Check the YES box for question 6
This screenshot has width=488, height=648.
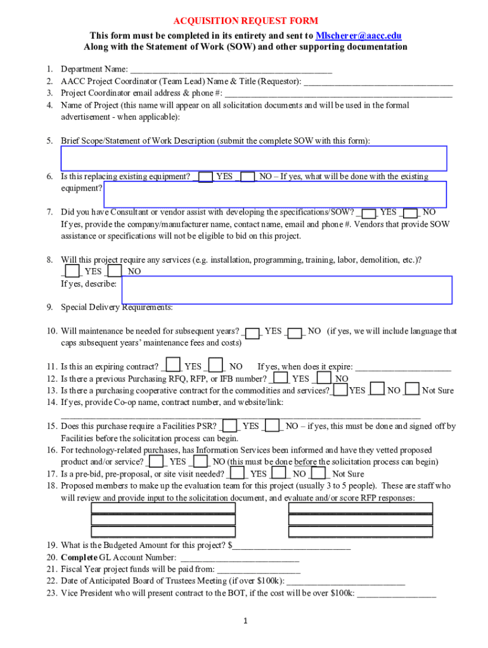[x=205, y=177]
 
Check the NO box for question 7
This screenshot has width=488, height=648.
[x=411, y=213]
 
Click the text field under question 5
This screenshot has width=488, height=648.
[x=254, y=158]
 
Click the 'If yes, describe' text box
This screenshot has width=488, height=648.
[x=286, y=290]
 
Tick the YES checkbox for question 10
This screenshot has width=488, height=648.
[x=252, y=332]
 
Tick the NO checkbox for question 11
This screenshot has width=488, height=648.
[x=215, y=366]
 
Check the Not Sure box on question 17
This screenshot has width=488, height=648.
[x=319, y=473]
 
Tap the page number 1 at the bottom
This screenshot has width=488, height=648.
[x=245, y=620]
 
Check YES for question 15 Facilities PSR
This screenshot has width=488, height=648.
[x=231, y=426]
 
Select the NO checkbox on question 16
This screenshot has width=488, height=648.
[x=200, y=462]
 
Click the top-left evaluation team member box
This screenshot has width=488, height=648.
[x=164, y=508]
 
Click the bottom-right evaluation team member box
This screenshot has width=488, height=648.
[x=360, y=532]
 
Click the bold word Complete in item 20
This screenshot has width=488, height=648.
[x=79, y=558]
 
